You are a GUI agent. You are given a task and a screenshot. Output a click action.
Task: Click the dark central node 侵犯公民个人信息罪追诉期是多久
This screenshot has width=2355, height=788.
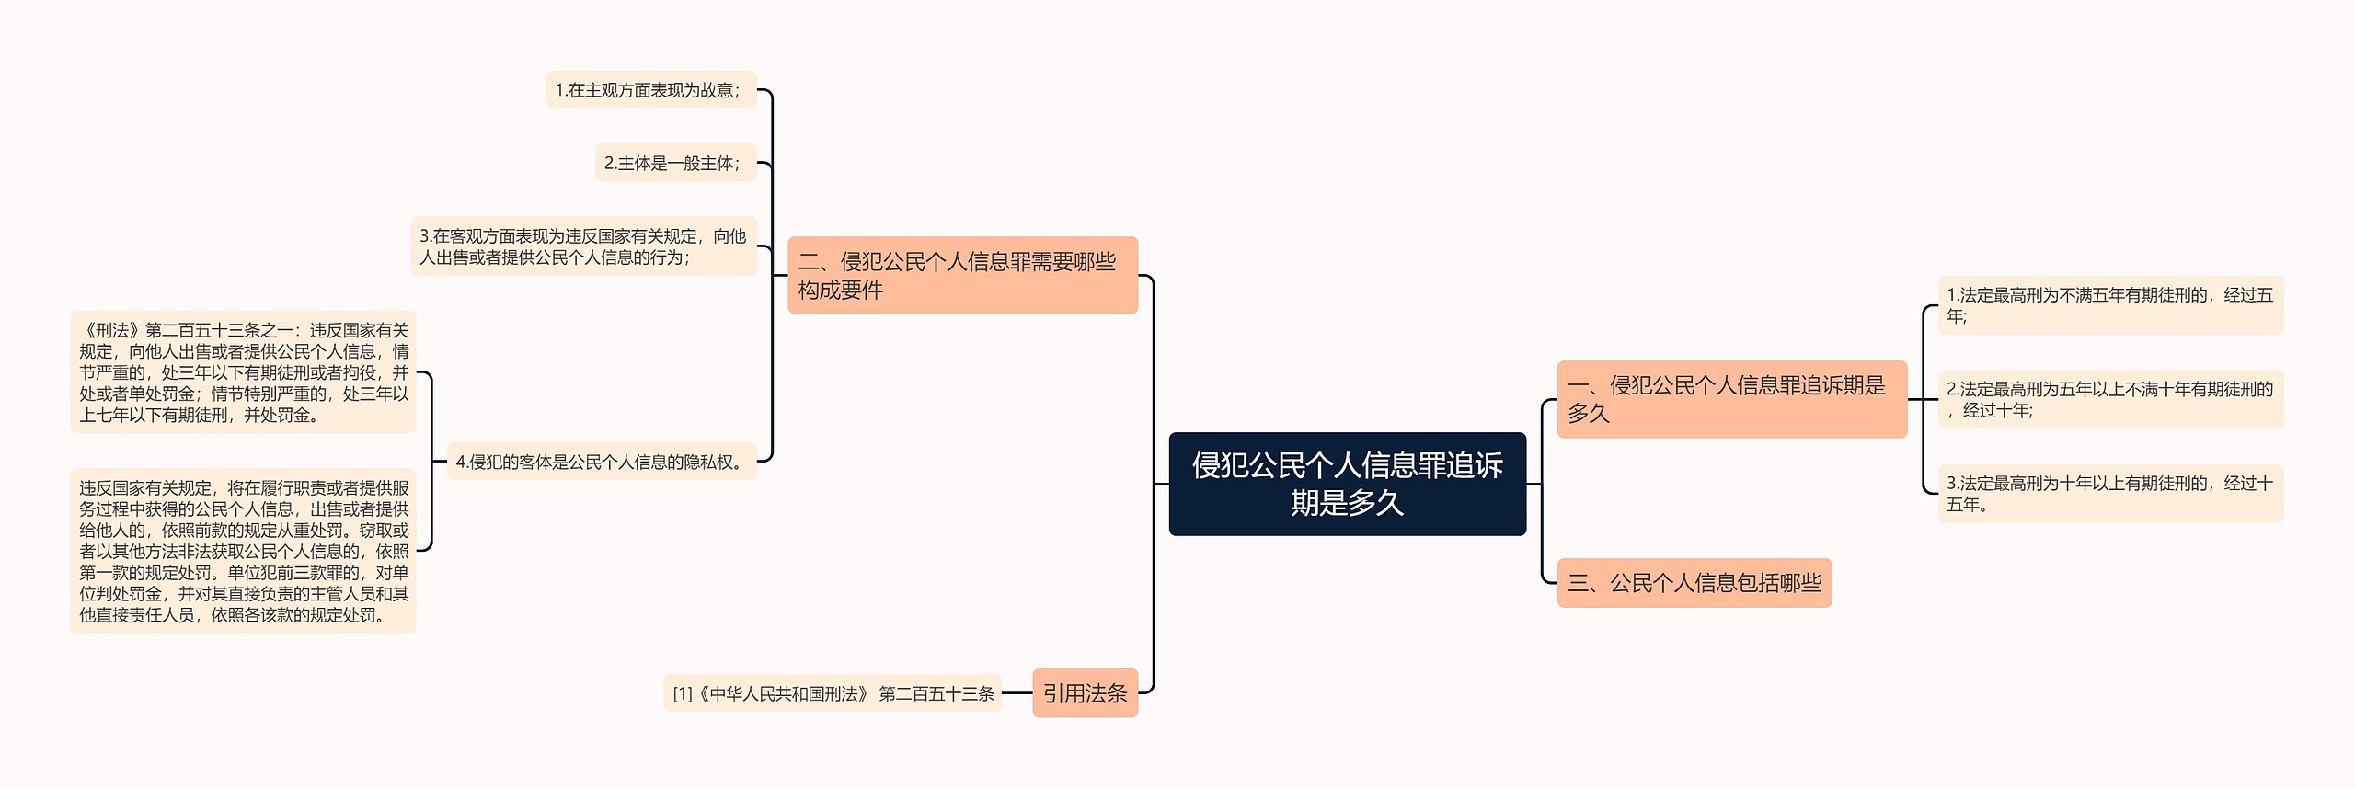coord(1347,484)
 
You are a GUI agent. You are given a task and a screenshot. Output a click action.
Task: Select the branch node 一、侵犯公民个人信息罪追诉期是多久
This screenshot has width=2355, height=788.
coord(1731,399)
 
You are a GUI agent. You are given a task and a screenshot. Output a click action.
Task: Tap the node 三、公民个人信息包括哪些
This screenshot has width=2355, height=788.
coord(1694,583)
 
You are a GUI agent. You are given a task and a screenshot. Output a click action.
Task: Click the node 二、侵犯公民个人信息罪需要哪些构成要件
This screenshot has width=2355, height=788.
coord(962,275)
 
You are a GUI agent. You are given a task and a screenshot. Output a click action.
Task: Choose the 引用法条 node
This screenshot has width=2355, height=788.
coord(1085,693)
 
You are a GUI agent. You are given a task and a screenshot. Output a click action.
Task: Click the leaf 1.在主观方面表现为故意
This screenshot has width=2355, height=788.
coord(650,90)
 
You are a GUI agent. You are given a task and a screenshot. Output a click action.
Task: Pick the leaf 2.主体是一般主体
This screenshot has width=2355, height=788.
coord(675,163)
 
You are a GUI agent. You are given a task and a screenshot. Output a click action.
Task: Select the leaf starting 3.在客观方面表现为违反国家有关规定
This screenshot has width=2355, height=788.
coord(583,246)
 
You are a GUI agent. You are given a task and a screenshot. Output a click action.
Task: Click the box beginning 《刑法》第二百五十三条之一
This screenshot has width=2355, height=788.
coord(244,372)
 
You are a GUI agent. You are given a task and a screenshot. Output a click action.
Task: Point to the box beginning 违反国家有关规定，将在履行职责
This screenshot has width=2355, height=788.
coord(244,551)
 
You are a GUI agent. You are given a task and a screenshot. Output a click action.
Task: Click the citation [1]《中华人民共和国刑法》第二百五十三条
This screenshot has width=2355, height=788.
coord(833,693)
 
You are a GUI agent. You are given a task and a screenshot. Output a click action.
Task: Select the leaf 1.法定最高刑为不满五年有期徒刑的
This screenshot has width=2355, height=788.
coord(2110,305)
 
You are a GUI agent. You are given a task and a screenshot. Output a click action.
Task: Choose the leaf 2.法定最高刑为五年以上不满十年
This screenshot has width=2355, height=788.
coord(2110,399)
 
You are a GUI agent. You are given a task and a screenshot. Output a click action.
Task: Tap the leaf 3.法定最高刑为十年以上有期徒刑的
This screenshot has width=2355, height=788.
coord(2110,494)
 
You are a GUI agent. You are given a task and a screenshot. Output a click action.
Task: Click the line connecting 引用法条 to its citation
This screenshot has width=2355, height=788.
coord(1017,693)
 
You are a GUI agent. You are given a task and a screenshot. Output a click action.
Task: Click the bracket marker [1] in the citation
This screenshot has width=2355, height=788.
coord(683,694)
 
